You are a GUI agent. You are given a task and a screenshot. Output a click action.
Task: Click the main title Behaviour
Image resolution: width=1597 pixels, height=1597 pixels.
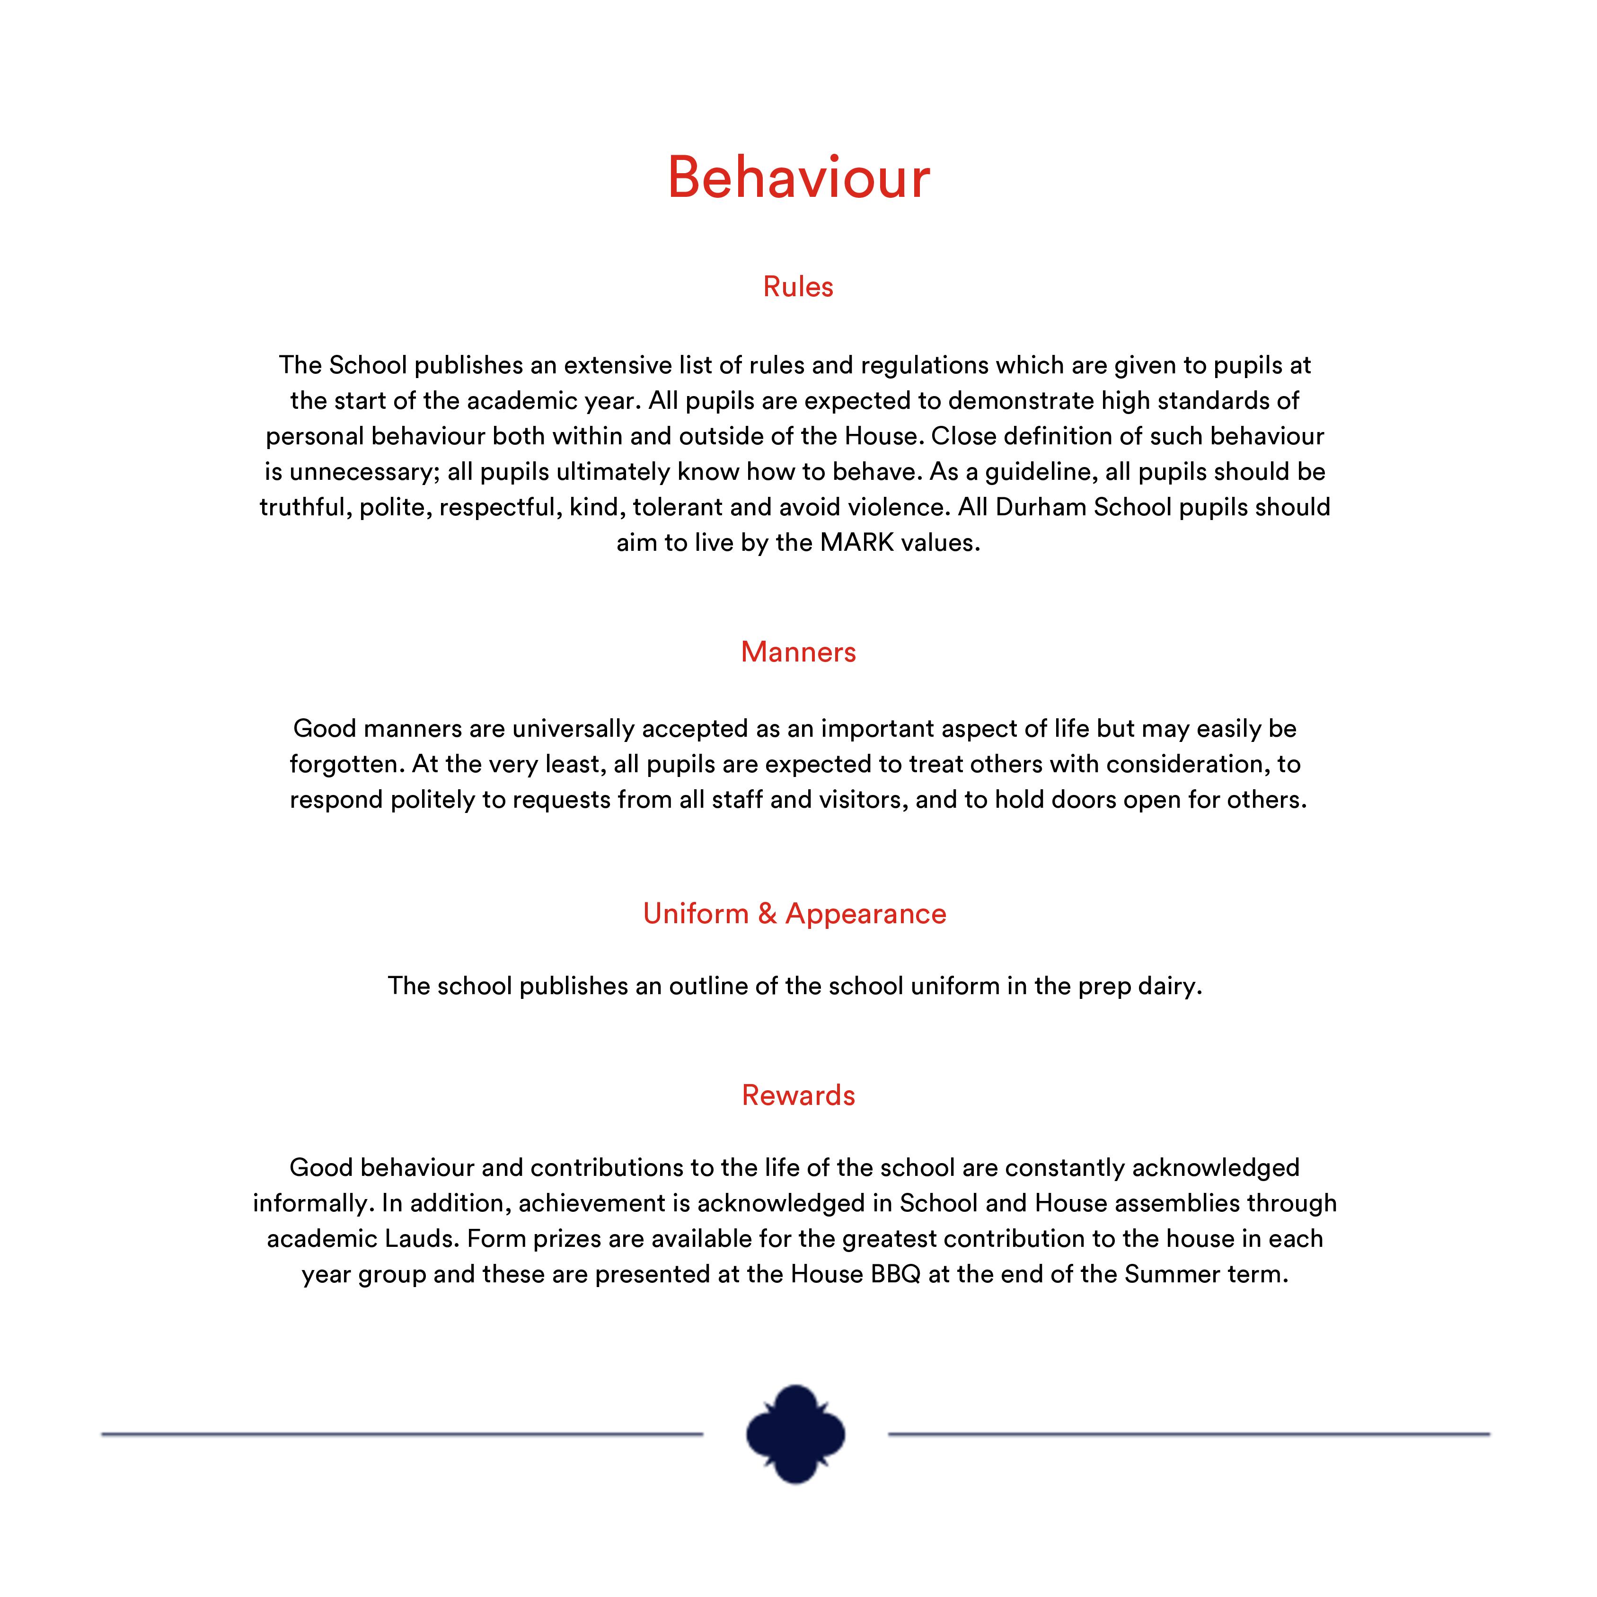pos(799,178)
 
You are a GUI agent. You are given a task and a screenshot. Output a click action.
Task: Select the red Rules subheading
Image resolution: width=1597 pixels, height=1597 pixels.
pos(798,287)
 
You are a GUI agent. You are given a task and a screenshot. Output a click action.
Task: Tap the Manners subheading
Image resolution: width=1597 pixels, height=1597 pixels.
pos(798,652)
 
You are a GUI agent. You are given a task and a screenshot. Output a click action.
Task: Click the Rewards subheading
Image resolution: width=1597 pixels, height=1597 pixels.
pos(798,1095)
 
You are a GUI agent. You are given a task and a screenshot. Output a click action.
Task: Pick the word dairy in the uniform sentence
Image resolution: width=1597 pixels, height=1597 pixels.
pos(1168,986)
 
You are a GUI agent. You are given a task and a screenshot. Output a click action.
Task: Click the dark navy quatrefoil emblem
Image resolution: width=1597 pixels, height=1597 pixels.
pos(795,1434)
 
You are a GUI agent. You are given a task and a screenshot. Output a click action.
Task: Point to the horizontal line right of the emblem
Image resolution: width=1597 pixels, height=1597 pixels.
pos(1189,1434)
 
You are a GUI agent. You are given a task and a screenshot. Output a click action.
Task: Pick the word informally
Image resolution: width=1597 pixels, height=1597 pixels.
pos(312,1203)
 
